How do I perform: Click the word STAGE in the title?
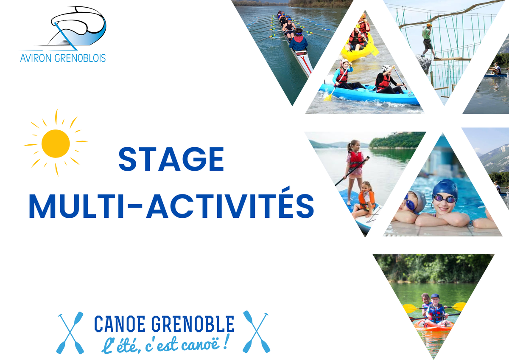[x=171, y=159]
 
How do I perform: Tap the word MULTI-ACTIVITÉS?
[x=172, y=206]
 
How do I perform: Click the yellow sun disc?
[x=56, y=143]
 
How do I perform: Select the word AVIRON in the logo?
[x=36, y=58]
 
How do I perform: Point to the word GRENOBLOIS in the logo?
[x=80, y=58]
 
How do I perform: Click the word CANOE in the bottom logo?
[x=120, y=323]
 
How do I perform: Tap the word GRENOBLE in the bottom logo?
[x=193, y=323]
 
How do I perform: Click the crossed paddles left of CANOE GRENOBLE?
[x=70, y=332]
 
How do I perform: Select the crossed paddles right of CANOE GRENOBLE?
[x=256, y=332]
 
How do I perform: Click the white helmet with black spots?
[x=386, y=68]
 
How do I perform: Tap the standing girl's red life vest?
[x=356, y=160]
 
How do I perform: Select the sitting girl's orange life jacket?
[x=366, y=200]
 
